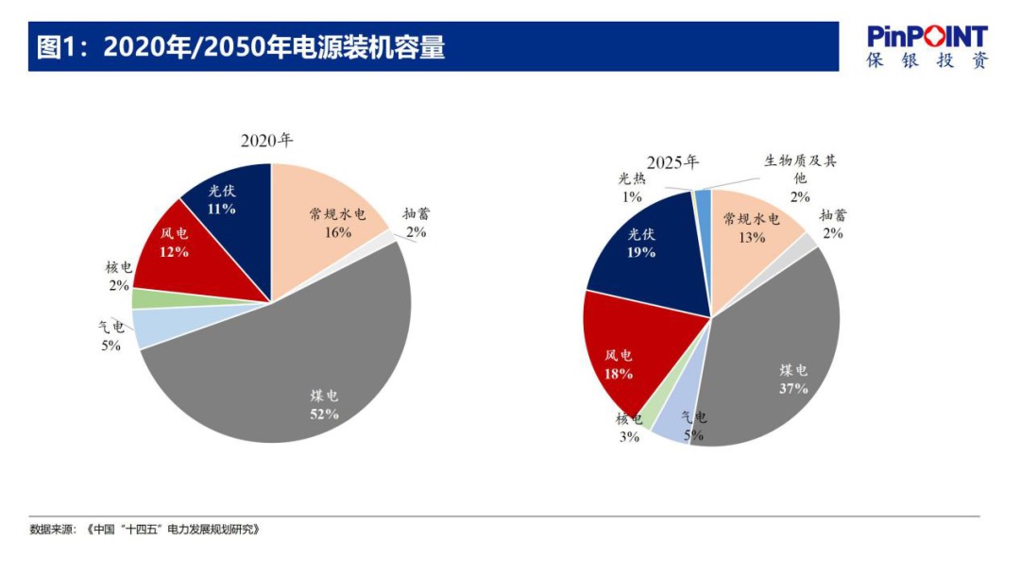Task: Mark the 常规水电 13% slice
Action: tap(751, 236)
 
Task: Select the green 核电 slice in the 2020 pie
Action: tap(144, 298)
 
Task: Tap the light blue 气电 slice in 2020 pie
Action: tap(151, 328)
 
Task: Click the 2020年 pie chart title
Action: tap(267, 141)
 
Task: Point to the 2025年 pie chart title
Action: tap(672, 161)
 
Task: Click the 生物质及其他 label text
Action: tap(800, 169)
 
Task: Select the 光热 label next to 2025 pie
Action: tap(632, 178)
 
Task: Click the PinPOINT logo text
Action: tap(927, 37)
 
